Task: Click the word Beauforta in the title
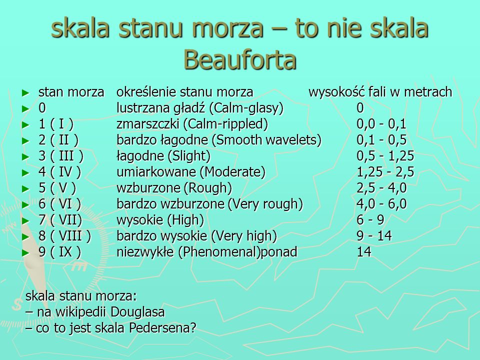(x=240, y=59)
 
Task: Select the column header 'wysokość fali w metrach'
(x=380, y=92)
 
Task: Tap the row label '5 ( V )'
(x=57, y=188)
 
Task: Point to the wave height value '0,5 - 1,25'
(x=385, y=156)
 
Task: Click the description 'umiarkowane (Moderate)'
(x=191, y=172)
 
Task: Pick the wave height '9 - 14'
(x=374, y=236)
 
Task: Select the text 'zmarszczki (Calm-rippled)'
(x=192, y=124)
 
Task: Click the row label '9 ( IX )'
(x=60, y=252)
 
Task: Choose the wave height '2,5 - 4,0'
(x=381, y=188)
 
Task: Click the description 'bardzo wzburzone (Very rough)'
(x=210, y=204)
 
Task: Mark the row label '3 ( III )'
(x=60, y=156)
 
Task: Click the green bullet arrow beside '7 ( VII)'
(x=26, y=221)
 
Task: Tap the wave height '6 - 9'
(x=370, y=220)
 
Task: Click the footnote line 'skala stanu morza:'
(x=81, y=296)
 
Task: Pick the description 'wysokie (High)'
(x=160, y=220)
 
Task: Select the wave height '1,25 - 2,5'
(x=385, y=172)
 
